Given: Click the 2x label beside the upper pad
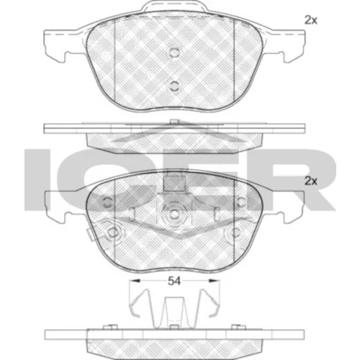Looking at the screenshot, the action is [311, 20].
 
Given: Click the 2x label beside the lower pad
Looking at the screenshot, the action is [311, 181].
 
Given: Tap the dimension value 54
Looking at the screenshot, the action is [174, 281].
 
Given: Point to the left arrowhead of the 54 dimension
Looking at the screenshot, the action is [135, 281].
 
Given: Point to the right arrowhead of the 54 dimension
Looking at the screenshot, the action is [215, 281].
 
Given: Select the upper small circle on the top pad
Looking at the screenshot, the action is [174, 53].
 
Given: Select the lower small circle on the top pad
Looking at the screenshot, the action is [174, 86].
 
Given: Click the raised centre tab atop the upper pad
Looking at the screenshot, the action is [174, 6].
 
